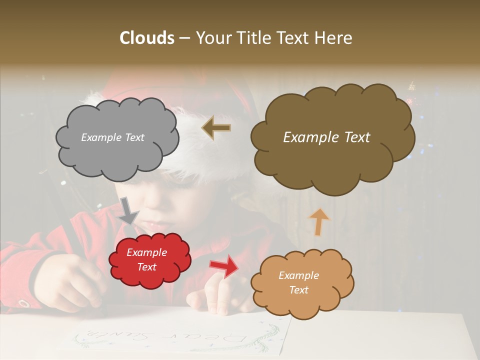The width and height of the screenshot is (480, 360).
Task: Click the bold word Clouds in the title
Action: pos(146,38)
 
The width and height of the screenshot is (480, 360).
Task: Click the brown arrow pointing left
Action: pos(216,128)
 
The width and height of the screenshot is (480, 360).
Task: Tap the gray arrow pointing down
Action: pos(128,210)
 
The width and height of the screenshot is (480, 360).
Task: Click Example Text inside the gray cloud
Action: pos(112,137)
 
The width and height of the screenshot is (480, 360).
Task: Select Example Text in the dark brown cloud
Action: pos(326,137)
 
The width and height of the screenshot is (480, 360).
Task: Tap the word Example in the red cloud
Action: pos(146,252)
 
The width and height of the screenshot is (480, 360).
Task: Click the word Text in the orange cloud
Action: pos(299,290)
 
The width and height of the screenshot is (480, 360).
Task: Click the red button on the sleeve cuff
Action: pos(23,303)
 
